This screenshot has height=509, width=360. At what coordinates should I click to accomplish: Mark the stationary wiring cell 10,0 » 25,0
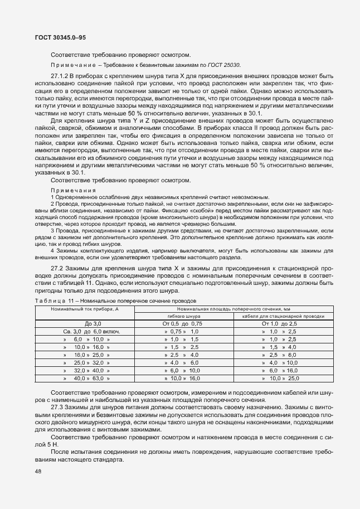tap(283, 379)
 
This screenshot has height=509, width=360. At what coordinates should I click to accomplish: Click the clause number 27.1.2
tap(60, 75)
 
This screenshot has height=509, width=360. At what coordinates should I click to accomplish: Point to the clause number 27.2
tap(57, 269)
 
